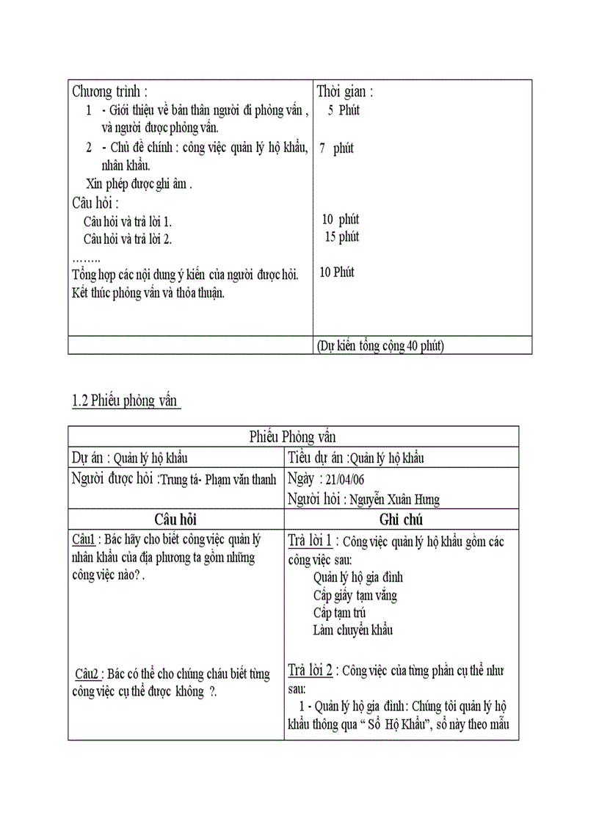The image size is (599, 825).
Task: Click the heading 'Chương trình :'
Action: (x=109, y=93)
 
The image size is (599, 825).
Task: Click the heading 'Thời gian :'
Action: (x=345, y=93)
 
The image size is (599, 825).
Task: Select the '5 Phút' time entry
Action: (x=344, y=111)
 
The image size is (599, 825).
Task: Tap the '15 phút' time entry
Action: (x=341, y=237)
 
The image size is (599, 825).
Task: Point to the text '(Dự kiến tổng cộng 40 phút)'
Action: (x=380, y=345)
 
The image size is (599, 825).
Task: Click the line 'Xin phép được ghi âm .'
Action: (x=139, y=184)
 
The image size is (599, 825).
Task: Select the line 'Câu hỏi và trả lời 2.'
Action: (x=128, y=239)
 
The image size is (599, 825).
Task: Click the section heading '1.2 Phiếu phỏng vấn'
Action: (x=126, y=401)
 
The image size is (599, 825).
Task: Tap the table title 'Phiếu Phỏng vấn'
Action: (x=293, y=437)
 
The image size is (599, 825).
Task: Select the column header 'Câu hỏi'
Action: (x=175, y=519)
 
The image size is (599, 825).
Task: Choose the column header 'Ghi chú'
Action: (x=401, y=519)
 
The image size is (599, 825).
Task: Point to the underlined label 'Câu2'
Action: (x=87, y=673)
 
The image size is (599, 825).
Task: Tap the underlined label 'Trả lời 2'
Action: (x=311, y=671)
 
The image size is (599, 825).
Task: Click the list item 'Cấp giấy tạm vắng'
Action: (x=355, y=595)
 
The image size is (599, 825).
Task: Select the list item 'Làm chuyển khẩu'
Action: (x=353, y=630)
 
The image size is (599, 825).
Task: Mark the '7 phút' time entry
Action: (x=336, y=148)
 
